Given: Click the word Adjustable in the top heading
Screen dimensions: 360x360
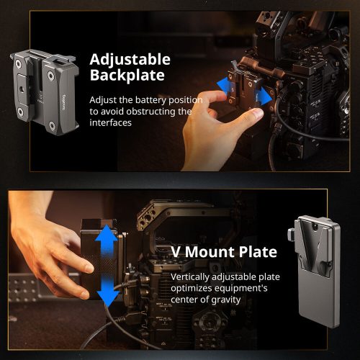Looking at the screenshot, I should pos(130,59).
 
